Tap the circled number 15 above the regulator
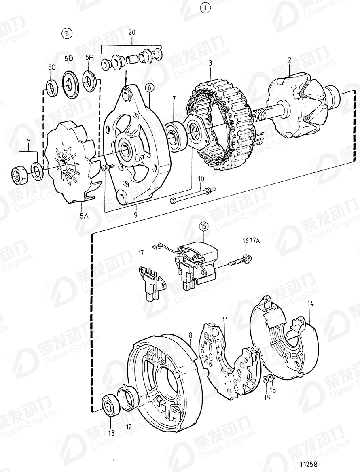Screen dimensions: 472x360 tap(203, 227)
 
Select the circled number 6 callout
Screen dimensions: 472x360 tap(149, 87)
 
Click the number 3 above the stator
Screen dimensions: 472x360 tap(210, 63)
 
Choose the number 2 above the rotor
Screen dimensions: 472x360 tap(290, 60)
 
